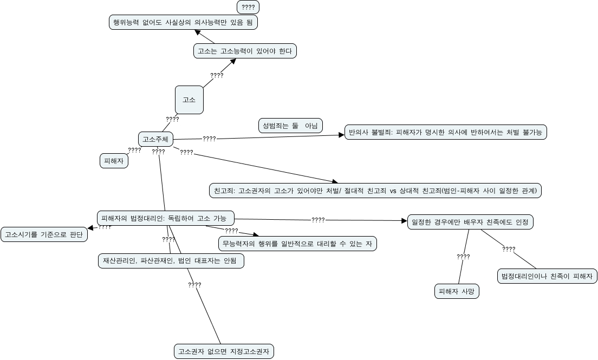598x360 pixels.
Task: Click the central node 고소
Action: (x=189, y=100)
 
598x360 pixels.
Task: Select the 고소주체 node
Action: (x=155, y=139)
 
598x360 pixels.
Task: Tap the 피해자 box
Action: (x=114, y=161)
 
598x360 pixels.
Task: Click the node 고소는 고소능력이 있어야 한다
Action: (x=245, y=51)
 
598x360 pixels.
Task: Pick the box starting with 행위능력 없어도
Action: (x=183, y=22)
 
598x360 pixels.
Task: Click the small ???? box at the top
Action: (x=248, y=7)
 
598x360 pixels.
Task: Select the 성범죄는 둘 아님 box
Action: (x=290, y=126)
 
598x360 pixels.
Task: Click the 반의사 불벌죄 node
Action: (x=446, y=132)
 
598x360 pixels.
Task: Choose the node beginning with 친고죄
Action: (x=375, y=191)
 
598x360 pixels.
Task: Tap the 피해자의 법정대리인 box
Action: (x=166, y=218)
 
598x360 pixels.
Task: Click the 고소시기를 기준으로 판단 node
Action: (x=44, y=234)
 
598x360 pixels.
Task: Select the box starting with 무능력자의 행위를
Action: (x=297, y=244)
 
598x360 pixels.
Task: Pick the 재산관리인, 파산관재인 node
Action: (x=170, y=261)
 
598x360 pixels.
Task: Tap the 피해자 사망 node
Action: (x=457, y=291)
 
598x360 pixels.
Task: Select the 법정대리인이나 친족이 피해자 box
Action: (x=547, y=276)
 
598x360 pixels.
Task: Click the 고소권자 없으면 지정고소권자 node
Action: (x=224, y=351)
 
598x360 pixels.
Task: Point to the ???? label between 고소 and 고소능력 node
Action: (x=217, y=75)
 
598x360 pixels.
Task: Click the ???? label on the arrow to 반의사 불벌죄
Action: (x=209, y=139)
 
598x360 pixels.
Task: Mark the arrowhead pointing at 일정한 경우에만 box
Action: (x=404, y=221)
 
